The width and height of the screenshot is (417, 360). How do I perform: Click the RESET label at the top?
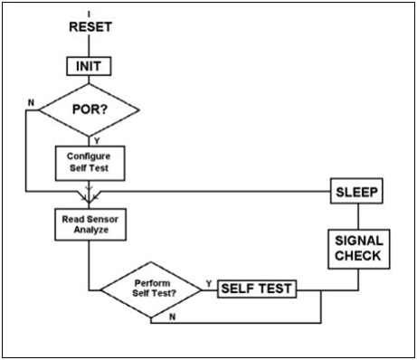(90, 27)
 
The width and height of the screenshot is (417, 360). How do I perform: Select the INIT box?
(89, 66)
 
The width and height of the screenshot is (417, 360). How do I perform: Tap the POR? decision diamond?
(90, 109)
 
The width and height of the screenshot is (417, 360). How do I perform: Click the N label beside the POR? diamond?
(31, 103)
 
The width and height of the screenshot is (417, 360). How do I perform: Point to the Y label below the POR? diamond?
(97, 141)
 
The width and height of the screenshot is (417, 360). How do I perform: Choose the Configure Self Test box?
(90, 163)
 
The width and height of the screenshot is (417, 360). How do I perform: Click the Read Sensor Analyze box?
(90, 224)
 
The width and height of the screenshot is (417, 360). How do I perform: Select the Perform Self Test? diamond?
(151, 290)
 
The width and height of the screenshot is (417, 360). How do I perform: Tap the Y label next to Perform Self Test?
(209, 283)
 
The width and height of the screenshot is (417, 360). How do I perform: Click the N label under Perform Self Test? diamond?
(172, 317)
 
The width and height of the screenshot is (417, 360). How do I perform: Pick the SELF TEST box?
(257, 289)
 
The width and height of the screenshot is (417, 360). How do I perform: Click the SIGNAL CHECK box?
(359, 249)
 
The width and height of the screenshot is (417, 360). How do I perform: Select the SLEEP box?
(356, 191)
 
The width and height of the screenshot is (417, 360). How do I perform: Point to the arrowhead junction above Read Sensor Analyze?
(89, 197)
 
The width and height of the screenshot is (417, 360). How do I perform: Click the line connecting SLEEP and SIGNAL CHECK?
(358, 216)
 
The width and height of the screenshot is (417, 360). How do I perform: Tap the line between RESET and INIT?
(89, 45)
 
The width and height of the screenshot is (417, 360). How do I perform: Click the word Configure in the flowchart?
(89, 156)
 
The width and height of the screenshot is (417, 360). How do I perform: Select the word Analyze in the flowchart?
(91, 230)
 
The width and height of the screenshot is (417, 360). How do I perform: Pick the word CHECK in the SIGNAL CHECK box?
(357, 256)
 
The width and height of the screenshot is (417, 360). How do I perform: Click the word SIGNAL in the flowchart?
(359, 241)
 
